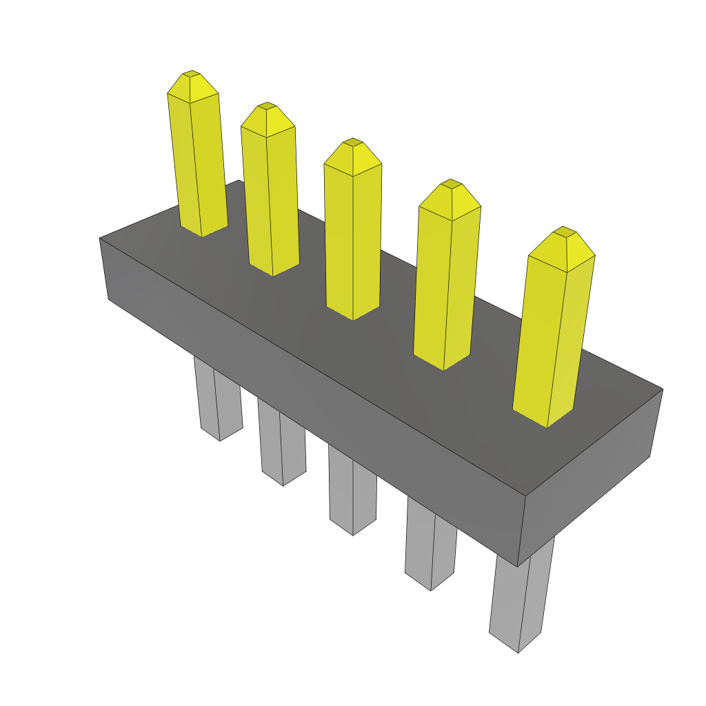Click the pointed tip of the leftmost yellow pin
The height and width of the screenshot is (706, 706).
coord(191,73)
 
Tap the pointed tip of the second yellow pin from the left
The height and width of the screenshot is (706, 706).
coord(267,106)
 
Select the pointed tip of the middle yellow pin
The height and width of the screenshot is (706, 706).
coord(352,141)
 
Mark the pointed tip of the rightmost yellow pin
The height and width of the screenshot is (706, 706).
coord(564,230)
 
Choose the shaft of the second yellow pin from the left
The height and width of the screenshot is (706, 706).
coord(270,200)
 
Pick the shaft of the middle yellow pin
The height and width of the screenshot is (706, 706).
coord(352,241)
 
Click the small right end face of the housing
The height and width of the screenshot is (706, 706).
coord(589,476)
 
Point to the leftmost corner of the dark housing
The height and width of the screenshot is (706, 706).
coord(100,239)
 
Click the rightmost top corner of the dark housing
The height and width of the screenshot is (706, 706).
coord(663,390)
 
